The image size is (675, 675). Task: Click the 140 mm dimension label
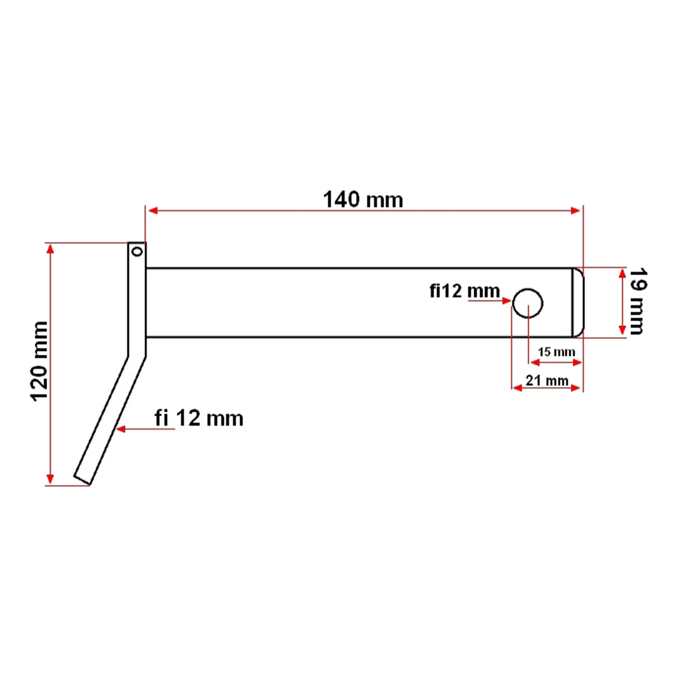(363, 199)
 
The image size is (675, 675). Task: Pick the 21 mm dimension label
(547, 380)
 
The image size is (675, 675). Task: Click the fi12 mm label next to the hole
(464, 291)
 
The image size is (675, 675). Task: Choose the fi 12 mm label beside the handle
(199, 418)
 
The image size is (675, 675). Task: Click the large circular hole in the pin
(528, 303)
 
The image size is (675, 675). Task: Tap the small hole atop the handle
(136, 251)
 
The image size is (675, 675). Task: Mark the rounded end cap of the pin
(578, 303)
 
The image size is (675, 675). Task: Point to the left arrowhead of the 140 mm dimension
(151, 210)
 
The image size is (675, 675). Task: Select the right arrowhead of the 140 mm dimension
(576, 210)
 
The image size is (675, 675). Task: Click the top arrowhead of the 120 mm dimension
(51, 249)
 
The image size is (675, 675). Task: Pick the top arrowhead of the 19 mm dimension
(622, 273)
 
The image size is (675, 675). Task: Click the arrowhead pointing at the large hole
(506, 301)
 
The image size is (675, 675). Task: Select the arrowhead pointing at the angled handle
(120, 429)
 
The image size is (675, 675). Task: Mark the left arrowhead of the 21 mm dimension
(516, 388)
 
